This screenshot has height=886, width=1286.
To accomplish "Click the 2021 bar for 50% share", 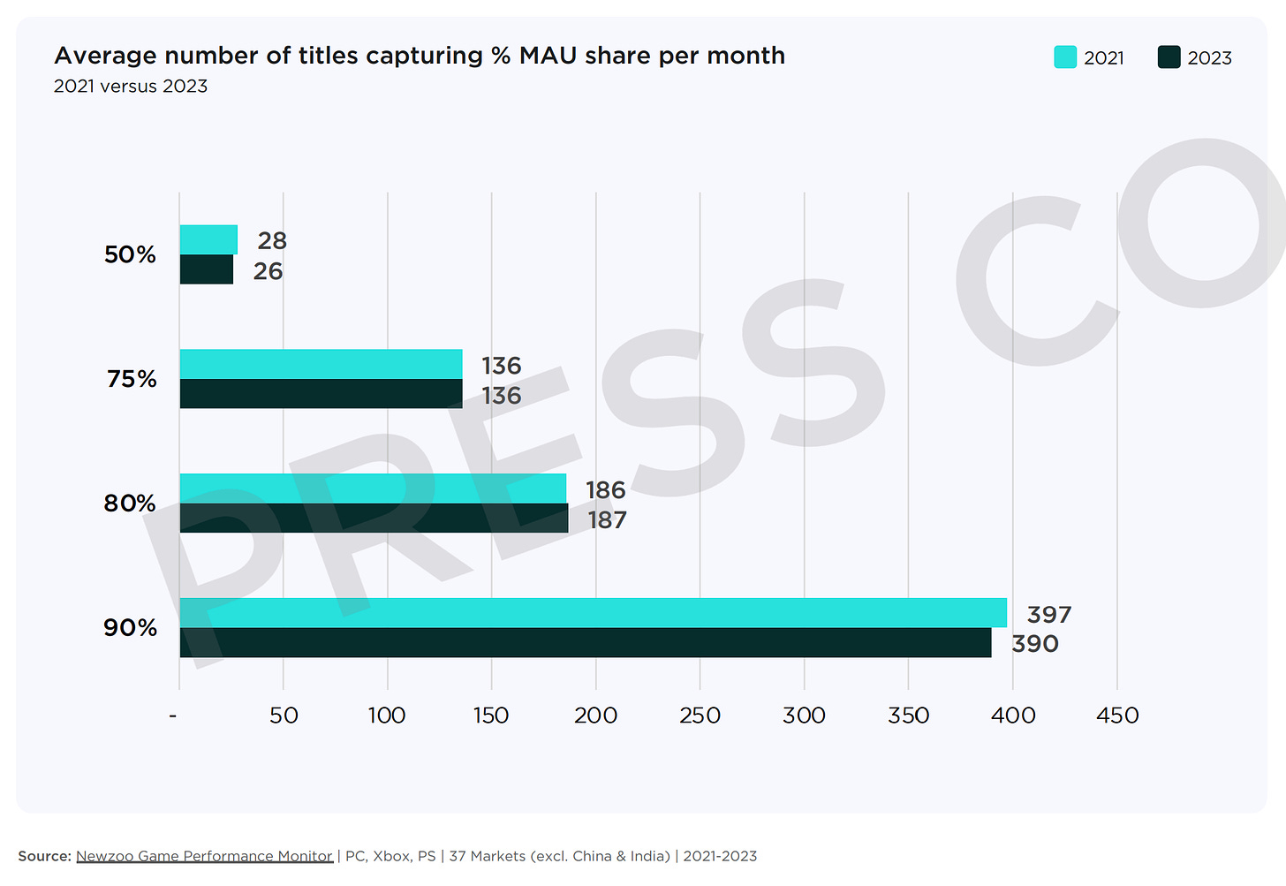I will [208, 239].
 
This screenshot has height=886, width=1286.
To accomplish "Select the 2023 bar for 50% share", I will [207, 269].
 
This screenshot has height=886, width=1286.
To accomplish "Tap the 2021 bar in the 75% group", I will [321, 364].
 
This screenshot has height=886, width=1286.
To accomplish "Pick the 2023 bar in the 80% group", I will [374, 519].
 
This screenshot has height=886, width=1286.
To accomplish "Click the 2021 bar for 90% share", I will [593, 613].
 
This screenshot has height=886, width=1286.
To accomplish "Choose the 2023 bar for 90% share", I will [585, 643].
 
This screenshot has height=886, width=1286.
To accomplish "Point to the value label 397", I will [1049, 615].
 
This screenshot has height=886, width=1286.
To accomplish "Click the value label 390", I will [1035, 644].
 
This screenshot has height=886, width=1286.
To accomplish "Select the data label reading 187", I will [608, 520].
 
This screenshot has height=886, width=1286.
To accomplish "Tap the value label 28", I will [272, 240].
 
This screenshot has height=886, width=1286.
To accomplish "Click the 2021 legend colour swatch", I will [1065, 57].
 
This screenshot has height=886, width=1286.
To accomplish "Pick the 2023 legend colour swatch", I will [1169, 57].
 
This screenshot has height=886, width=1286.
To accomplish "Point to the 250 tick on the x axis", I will [700, 716].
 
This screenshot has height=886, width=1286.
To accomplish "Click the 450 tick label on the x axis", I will [1117, 716].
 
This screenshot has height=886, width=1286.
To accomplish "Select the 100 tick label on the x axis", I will [387, 716].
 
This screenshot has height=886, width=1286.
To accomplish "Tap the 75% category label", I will [132, 379].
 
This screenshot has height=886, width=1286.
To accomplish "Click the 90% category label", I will [130, 628].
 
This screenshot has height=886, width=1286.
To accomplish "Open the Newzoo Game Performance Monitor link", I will [204, 856].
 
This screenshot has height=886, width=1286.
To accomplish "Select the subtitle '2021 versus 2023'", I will [131, 87].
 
